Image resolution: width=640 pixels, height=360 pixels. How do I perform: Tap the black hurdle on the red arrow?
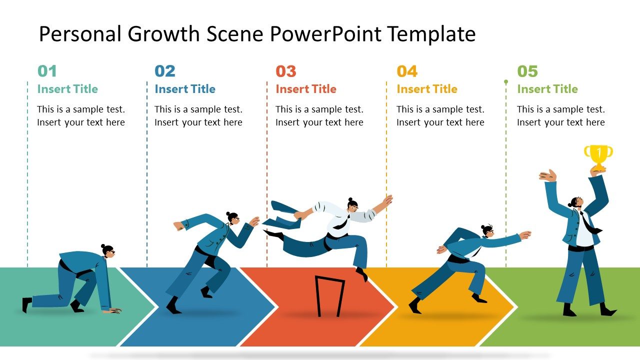[x=329, y=295]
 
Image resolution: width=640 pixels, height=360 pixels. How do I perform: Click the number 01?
[x=47, y=71]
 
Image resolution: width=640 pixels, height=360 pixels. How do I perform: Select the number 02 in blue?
[x=165, y=71]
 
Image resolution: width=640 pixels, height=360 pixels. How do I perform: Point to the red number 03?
[x=286, y=71]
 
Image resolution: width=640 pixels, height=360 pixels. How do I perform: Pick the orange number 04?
[x=407, y=71]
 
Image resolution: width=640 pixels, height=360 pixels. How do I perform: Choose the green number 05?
[x=527, y=71]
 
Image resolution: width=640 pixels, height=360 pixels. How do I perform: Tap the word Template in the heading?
[x=431, y=34]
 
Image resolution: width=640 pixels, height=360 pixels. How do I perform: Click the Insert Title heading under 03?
[x=306, y=89]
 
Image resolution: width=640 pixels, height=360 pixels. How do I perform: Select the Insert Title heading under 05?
[x=547, y=89]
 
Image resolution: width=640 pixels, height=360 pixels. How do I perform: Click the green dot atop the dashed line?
[x=506, y=81]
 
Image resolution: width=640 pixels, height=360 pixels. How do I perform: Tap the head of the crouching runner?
[x=108, y=250]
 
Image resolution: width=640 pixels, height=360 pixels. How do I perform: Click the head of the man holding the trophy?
[x=574, y=202]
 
